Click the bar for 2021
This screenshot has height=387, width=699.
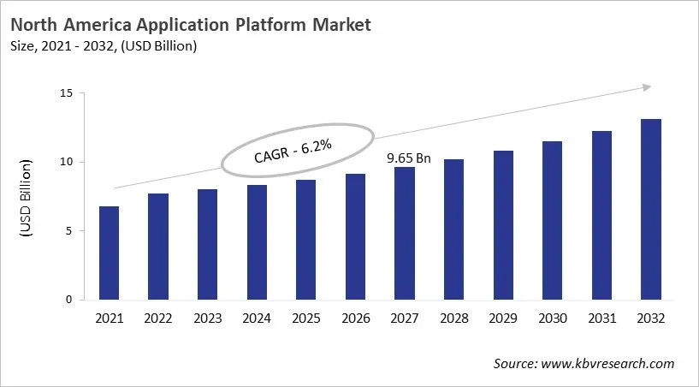click(x=109, y=253)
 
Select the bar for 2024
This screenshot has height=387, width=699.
click(x=256, y=242)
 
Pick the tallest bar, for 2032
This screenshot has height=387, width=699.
click(x=650, y=210)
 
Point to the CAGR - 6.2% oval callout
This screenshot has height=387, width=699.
click(x=297, y=151)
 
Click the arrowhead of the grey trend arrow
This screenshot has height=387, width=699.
click(x=647, y=86)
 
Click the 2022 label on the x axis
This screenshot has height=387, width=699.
click(x=158, y=319)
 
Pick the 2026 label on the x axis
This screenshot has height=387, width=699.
click(x=355, y=319)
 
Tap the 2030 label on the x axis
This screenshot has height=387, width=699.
click(x=552, y=319)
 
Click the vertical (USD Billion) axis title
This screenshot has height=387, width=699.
click(x=26, y=198)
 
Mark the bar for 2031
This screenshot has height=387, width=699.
click(x=601, y=216)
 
